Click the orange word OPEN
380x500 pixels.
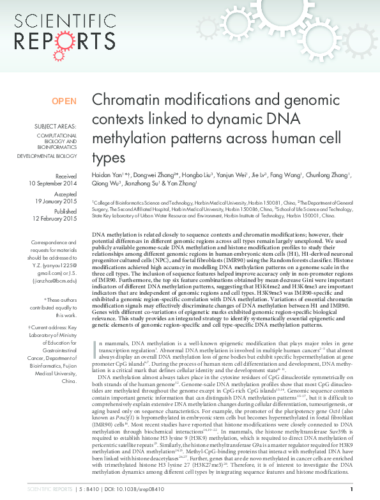64,101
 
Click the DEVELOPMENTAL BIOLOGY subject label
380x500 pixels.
47,155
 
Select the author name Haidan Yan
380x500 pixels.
107,174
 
